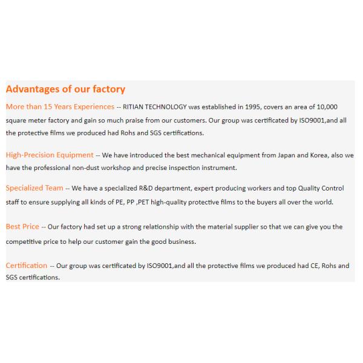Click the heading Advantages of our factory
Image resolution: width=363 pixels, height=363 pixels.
click(65, 90)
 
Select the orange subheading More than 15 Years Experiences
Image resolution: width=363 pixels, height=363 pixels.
click(60, 106)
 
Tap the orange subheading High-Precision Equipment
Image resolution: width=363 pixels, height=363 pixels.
click(50, 155)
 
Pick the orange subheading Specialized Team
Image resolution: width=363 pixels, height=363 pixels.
click(34, 188)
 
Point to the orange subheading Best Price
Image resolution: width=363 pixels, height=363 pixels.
click(22, 227)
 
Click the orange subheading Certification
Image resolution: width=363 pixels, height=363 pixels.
click(26, 266)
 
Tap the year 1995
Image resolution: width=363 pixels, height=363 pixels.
click(252, 107)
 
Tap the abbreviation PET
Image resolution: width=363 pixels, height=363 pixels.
click(143, 203)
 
